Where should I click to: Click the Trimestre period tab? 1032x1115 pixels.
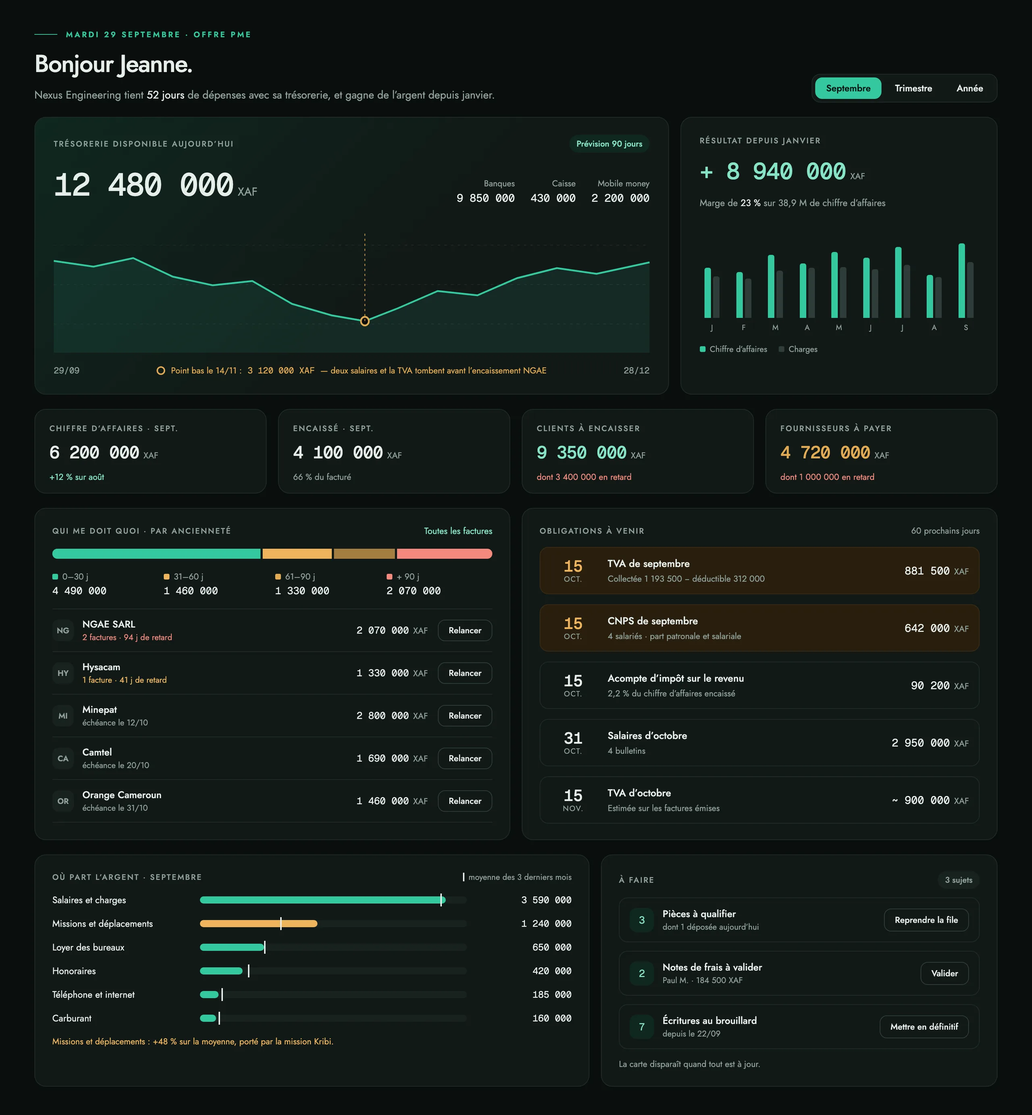tap(913, 88)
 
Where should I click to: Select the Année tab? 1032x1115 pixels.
tap(970, 88)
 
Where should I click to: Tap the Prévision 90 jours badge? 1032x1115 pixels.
tap(609, 144)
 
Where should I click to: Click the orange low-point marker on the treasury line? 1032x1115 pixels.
tap(365, 321)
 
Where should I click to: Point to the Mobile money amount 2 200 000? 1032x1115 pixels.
tap(620, 198)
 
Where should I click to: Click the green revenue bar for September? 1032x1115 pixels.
tap(961, 280)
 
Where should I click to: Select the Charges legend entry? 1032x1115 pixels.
tap(798, 349)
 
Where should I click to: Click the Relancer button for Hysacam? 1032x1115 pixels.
tap(465, 673)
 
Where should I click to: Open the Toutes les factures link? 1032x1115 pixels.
tap(458, 531)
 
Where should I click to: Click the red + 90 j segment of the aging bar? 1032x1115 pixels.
tap(445, 554)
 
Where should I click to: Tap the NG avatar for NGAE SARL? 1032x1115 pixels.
tap(63, 631)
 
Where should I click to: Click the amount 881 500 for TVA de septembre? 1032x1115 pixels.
tap(927, 571)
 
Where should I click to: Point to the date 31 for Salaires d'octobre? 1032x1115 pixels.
tap(573, 738)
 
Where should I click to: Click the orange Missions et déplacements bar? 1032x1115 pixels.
tap(258, 924)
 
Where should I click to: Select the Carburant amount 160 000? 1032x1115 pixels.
tap(552, 1018)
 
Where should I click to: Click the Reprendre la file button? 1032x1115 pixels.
tap(926, 920)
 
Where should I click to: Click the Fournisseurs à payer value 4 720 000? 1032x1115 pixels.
tap(825, 452)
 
